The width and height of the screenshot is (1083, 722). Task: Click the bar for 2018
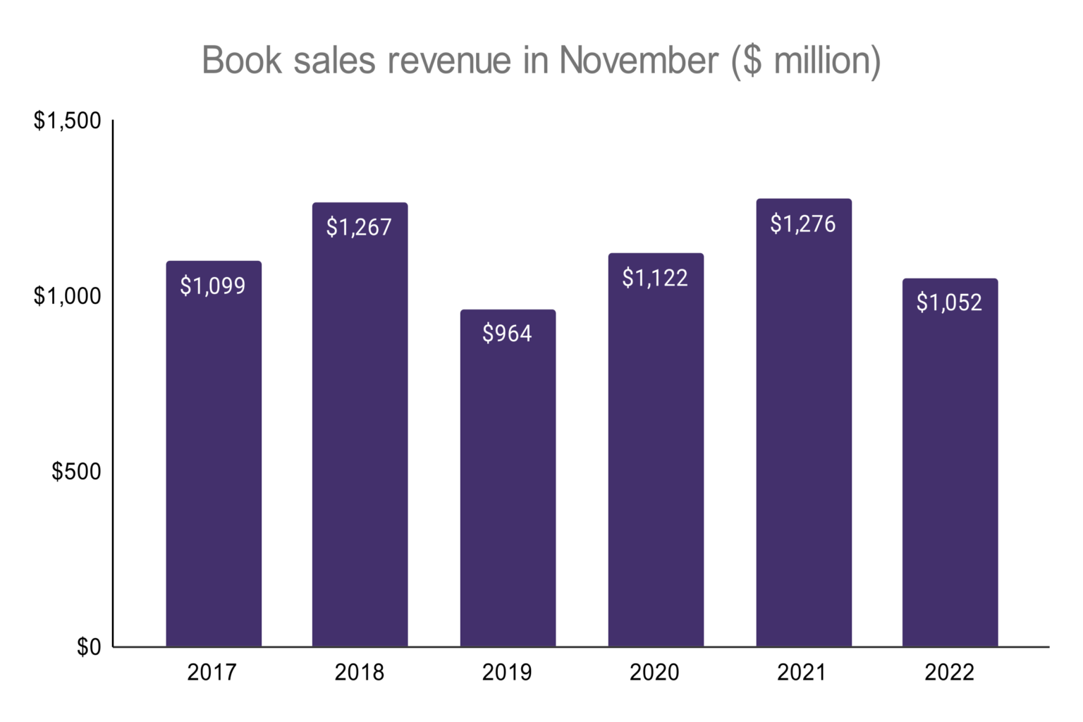(x=360, y=437)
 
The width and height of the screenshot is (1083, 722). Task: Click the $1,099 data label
(x=213, y=286)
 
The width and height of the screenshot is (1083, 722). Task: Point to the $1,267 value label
(x=359, y=227)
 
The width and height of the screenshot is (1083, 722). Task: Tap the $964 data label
(x=507, y=333)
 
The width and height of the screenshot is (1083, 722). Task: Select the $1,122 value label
(x=655, y=278)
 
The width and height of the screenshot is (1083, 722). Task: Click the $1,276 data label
(x=803, y=224)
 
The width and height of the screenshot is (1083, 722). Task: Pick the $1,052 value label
(x=949, y=302)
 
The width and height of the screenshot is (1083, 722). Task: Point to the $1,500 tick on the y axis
(x=68, y=121)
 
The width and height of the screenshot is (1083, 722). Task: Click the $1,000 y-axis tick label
(x=68, y=296)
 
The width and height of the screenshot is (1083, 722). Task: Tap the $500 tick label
(x=76, y=471)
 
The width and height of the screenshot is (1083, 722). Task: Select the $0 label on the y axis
(x=89, y=647)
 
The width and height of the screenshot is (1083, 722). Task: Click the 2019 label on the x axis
(x=507, y=673)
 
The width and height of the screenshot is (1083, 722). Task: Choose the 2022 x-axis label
(x=949, y=673)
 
